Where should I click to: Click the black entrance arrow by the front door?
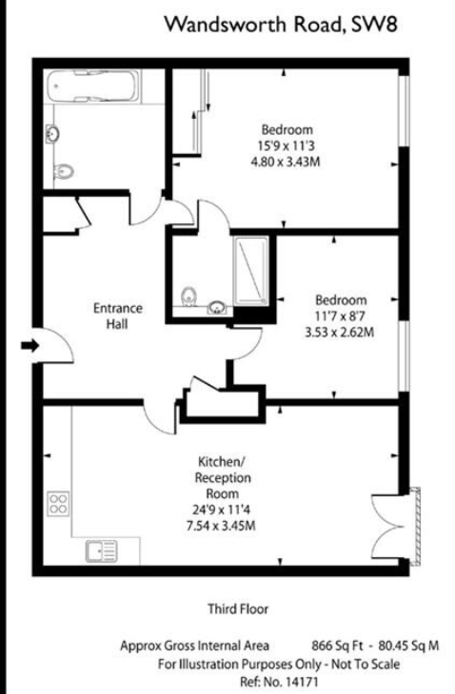pos(30,345)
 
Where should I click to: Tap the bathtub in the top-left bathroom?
pos(92,86)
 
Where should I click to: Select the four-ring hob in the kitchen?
pos(58,503)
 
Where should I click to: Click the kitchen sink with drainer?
pos(102,551)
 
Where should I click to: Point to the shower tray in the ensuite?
pos(250,271)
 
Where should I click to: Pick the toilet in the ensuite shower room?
pos(189,296)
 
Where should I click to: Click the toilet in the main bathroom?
pos(63,171)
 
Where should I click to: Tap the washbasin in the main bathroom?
pos(52,134)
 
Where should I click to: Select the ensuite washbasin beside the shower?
pos(217,307)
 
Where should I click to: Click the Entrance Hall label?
pos(117,316)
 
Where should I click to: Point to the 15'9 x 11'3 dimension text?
pos(286,145)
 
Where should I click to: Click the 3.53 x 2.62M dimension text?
pos(340,332)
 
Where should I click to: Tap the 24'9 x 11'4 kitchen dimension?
pos(221,510)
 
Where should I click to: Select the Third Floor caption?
pos(238,609)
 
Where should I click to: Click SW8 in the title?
pos(373,25)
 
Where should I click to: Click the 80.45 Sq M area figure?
pos(408,646)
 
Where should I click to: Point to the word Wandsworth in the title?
pos(226,25)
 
